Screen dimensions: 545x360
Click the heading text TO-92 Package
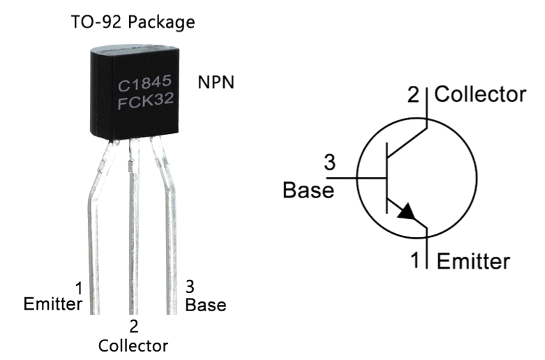tap(133, 22)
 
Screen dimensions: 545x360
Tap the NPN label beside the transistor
tap(216, 82)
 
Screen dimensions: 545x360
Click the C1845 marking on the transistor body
tap(144, 83)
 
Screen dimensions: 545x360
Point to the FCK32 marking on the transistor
tap(146, 100)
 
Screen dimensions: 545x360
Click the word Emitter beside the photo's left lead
tap(53, 304)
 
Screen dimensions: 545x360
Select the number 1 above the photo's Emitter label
tap(80, 289)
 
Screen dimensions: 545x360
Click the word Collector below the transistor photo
tap(133, 346)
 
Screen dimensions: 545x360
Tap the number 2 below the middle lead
tap(134, 327)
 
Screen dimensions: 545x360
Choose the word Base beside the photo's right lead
tap(206, 305)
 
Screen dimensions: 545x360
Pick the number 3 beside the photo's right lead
tap(190, 287)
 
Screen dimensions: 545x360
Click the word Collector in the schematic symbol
tap(480, 94)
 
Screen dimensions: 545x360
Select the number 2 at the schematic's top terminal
tap(413, 94)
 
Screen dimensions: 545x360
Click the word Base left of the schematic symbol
tap(308, 190)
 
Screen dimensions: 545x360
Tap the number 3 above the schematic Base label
tap(330, 163)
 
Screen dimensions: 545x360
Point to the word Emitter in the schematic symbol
tap(473, 262)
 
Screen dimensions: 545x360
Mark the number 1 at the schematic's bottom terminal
tap(415, 260)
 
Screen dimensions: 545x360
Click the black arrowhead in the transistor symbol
tap(406, 212)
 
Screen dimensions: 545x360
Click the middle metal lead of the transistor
tap(133, 226)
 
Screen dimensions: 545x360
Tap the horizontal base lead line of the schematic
tap(357, 179)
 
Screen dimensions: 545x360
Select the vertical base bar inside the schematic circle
tap(387, 178)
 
